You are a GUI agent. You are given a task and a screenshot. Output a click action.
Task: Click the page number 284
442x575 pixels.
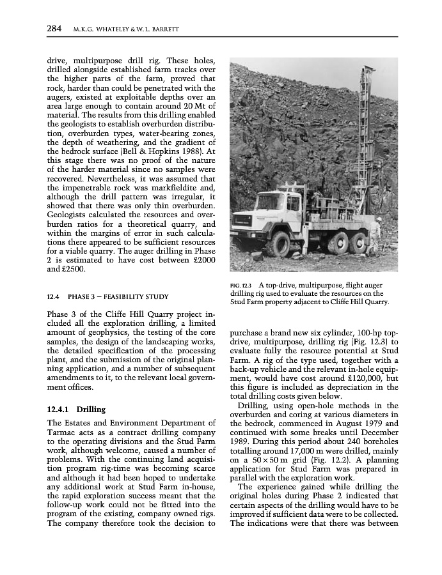(x=54, y=28)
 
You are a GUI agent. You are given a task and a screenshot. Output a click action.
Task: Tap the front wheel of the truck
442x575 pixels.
(x=280, y=243)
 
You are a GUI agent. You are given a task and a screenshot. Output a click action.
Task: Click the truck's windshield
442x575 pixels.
(x=267, y=204)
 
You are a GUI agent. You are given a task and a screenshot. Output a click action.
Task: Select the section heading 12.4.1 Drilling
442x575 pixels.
(x=77, y=409)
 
